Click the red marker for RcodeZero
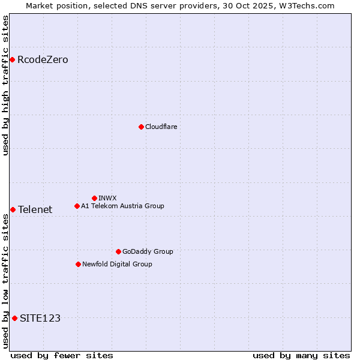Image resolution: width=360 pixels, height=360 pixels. tap(12, 59)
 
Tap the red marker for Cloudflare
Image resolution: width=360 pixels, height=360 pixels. tap(141, 127)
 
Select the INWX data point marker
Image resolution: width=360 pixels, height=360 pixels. tap(94, 198)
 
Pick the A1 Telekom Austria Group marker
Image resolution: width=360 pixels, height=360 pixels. tap(77, 206)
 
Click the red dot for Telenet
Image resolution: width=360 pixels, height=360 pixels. tap(13, 209)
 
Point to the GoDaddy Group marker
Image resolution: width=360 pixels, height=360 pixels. tap(118, 251)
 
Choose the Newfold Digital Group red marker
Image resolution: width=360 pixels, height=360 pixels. tap(78, 264)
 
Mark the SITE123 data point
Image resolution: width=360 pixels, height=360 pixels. tap(14, 318)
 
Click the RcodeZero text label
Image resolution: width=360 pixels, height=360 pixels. tap(43, 59)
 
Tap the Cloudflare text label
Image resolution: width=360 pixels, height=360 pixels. tap(161, 127)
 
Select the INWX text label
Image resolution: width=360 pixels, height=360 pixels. tap(107, 198)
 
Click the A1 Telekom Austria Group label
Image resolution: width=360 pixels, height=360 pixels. tap(122, 206)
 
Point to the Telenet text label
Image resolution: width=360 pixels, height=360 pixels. tap(35, 209)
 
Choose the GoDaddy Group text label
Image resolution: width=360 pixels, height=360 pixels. tap(148, 251)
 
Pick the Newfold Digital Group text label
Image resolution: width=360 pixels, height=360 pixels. tap(117, 264)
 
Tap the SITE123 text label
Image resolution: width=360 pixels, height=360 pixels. tap(40, 318)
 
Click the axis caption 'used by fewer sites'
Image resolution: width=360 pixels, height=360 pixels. tap(62, 355)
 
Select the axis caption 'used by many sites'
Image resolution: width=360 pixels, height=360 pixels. tap(301, 355)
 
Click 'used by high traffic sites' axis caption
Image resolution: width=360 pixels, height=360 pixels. tap(5, 85)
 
